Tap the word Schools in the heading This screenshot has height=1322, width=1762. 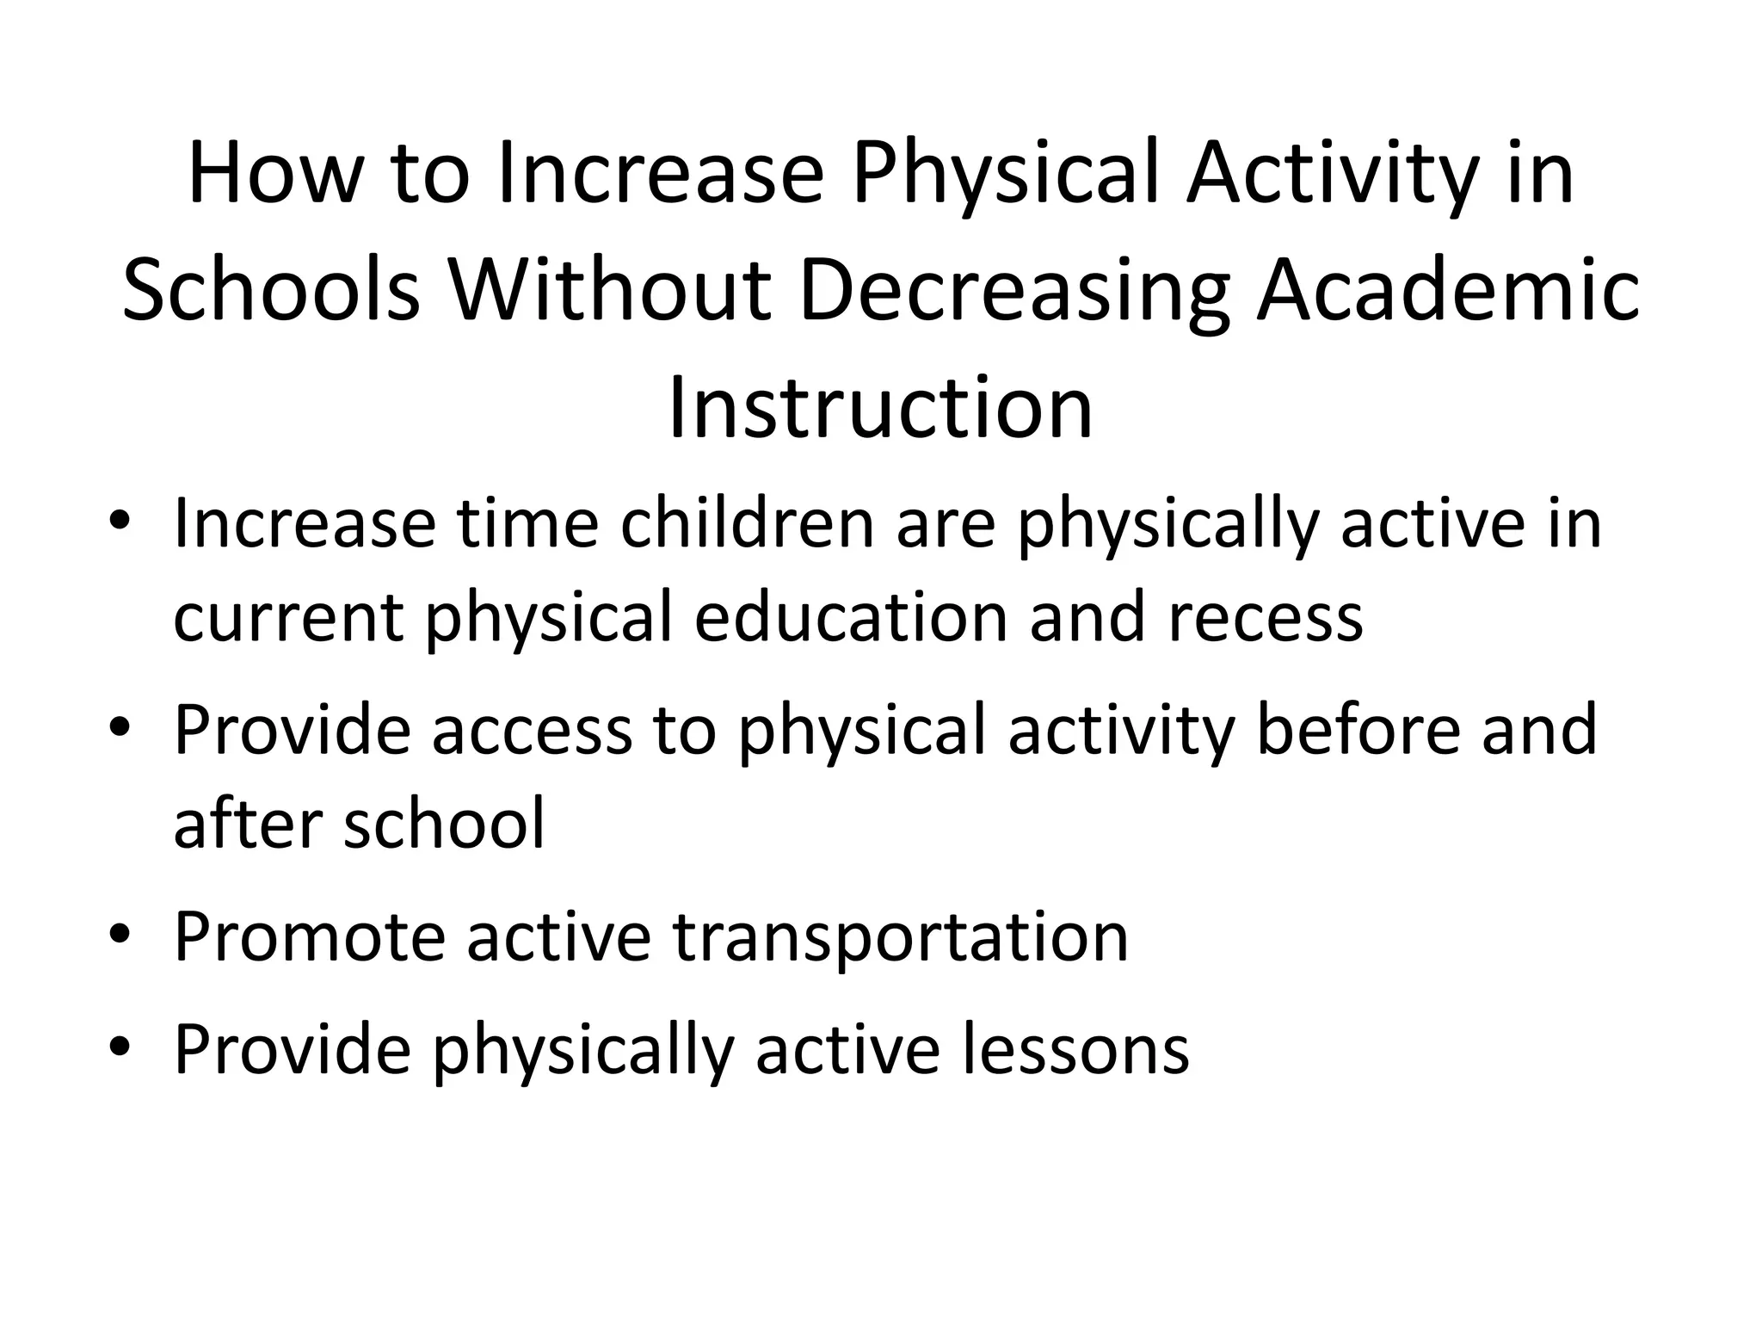point(271,292)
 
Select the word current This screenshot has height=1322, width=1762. point(287,619)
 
